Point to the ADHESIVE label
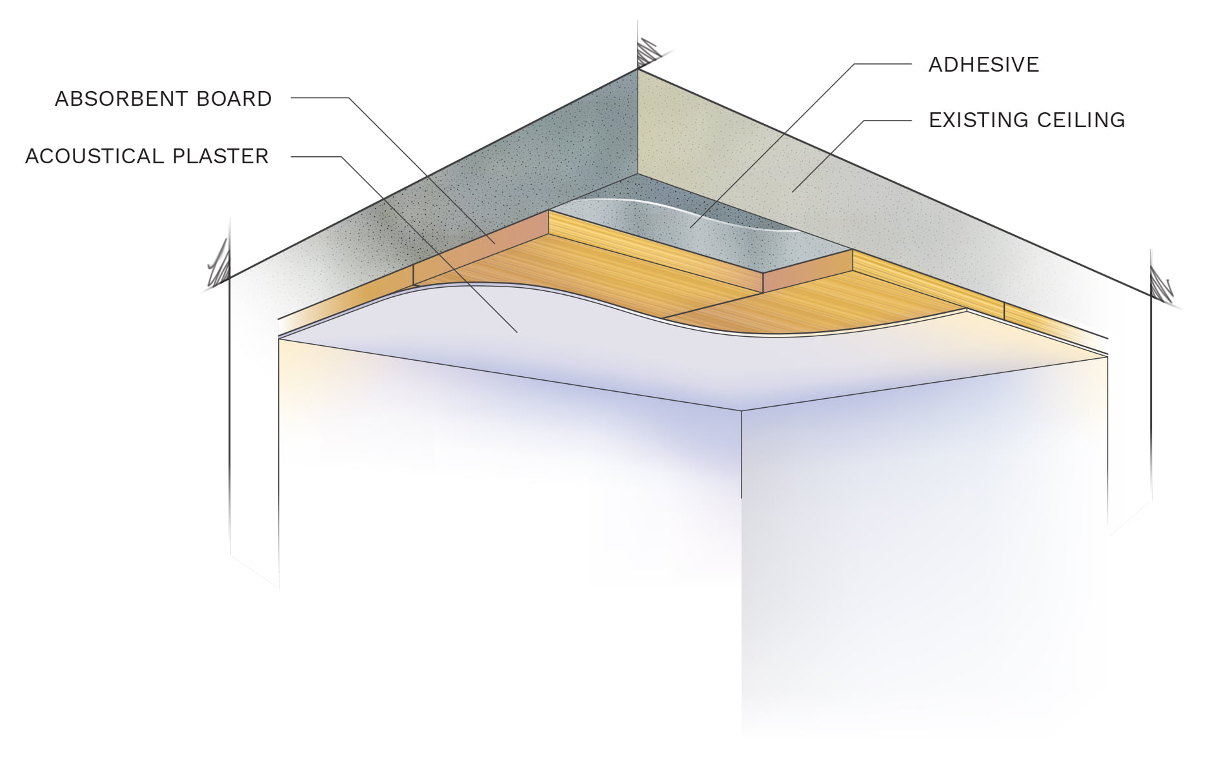984,65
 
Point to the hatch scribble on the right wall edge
1162,284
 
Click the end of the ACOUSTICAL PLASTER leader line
517,332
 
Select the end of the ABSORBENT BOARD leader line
495,243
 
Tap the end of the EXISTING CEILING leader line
793,192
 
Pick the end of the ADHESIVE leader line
690,227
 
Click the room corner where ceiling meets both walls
741,410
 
